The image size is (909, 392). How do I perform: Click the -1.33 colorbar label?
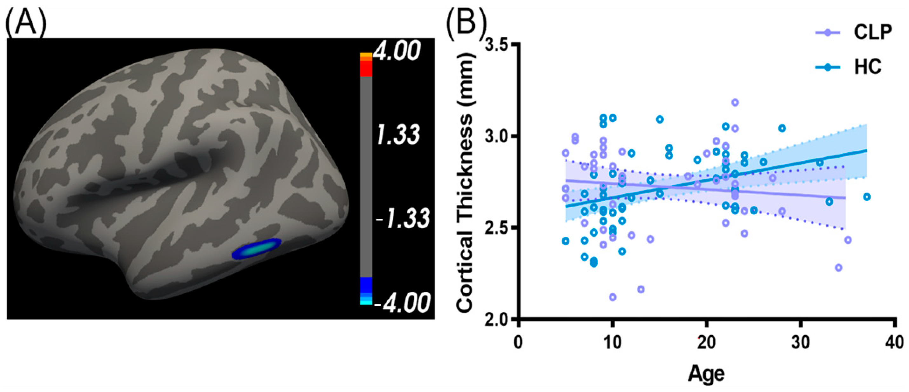(403, 219)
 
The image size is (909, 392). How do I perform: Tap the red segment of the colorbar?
(366, 69)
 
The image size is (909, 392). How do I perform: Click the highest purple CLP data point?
(735, 103)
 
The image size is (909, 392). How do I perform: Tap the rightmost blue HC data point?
(867, 197)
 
